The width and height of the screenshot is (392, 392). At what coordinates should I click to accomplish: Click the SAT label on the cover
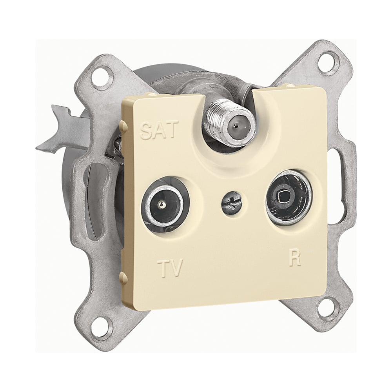tap(159, 130)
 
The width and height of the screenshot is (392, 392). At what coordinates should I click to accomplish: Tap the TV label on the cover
tap(171, 268)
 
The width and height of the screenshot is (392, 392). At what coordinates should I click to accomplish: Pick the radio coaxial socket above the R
tap(289, 197)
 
